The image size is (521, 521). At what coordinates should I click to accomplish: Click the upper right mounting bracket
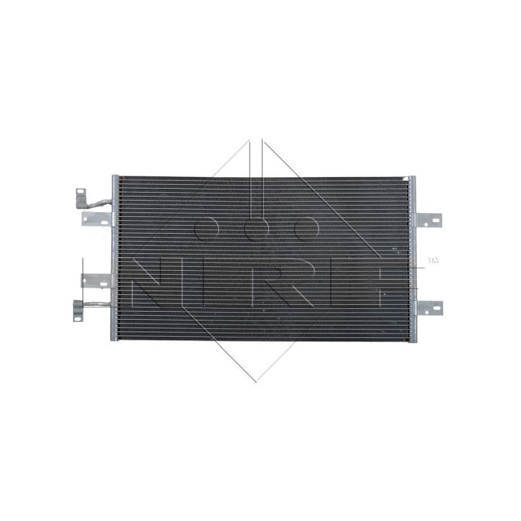coord(428,220)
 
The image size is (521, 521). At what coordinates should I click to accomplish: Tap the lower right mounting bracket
coord(428,307)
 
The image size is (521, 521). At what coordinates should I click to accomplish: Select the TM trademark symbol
coord(433,261)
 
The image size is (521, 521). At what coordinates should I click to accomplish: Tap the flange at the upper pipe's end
coord(81,195)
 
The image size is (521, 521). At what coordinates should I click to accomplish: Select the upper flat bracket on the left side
coord(95,219)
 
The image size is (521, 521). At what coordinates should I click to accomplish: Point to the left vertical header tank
coord(115,257)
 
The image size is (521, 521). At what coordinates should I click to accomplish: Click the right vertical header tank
coord(410,257)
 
